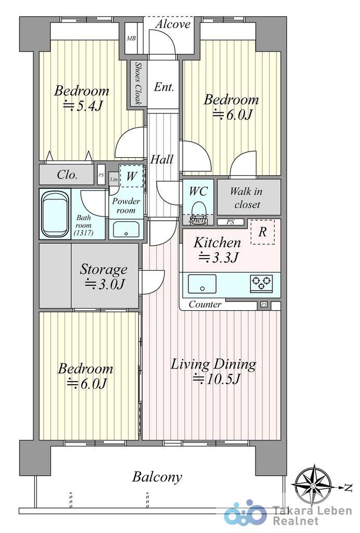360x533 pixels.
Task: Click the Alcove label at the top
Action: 173,24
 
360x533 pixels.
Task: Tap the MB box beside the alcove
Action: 131,39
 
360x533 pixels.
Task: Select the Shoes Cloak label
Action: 137,83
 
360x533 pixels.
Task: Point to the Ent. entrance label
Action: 164,87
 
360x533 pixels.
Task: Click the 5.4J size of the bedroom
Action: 84,106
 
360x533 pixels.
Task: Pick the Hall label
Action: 162,159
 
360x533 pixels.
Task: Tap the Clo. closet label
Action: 67,175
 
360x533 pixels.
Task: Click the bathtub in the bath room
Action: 55,214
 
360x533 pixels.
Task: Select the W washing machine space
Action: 132,176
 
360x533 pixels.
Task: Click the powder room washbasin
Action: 126,230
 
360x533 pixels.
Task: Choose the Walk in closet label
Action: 247,198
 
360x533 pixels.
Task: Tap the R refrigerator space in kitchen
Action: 263,232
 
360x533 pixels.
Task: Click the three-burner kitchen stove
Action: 262,284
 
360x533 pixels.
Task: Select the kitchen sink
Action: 202,284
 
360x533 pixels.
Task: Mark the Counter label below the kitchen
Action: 205,304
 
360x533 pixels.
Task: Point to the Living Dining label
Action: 213,364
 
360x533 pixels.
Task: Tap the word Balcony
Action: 157,477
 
